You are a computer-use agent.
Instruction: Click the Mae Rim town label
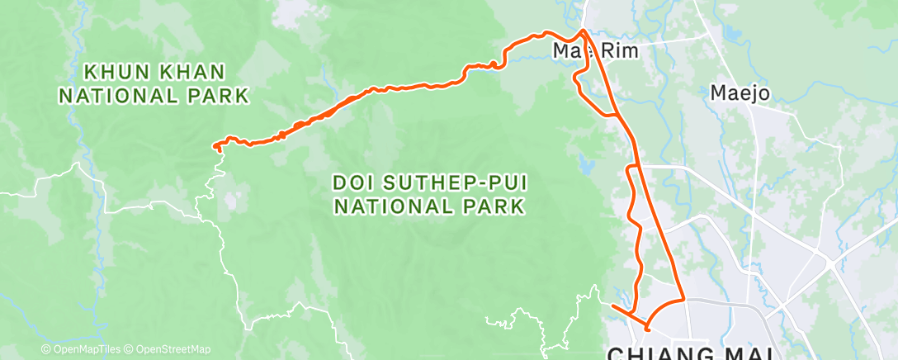(x=588, y=51)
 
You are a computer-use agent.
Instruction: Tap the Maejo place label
(x=740, y=93)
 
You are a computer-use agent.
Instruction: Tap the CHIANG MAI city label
(x=690, y=354)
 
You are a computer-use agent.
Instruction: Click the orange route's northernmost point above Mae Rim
(x=584, y=31)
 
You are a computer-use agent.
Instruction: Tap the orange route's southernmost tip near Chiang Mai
(x=647, y=329)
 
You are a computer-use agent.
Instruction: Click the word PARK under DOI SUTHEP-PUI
(x=492, y=206)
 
